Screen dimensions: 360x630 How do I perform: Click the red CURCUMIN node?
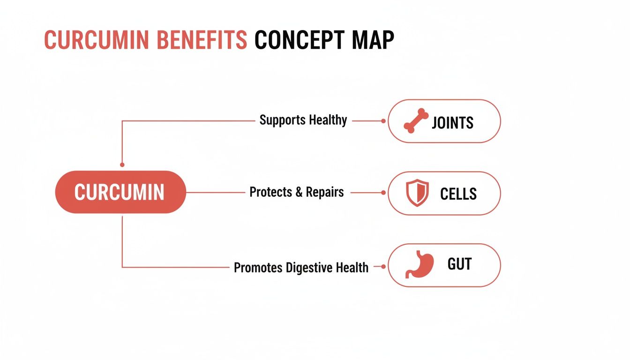click(x=120, y=192)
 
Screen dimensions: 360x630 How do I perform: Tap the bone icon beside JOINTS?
click(x=416, y=121)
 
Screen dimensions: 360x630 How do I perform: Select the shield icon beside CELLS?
click(x=417, y=193)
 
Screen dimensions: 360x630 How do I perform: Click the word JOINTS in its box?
click(x=452, y=123)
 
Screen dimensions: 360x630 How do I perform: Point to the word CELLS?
click(x=458, y=194)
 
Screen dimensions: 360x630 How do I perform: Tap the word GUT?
click(x=459, y=264)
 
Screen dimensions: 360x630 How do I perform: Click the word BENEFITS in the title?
click(x=202, y=41)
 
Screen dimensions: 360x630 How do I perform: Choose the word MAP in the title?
click(x=375, y=41)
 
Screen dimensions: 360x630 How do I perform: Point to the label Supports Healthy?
click(x=303, y=120)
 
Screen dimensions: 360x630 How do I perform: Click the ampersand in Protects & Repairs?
click(x=299, y=192)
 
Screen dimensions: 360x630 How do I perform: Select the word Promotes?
click(x=258, y=268)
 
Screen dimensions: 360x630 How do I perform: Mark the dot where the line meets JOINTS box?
click(x=383, y=121)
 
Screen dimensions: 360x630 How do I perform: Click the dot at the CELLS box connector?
click(x=383, y=193)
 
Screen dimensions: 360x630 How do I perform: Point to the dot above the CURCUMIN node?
click(x=122, y=165)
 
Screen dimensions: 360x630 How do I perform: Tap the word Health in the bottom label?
click(x=352, y=268)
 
